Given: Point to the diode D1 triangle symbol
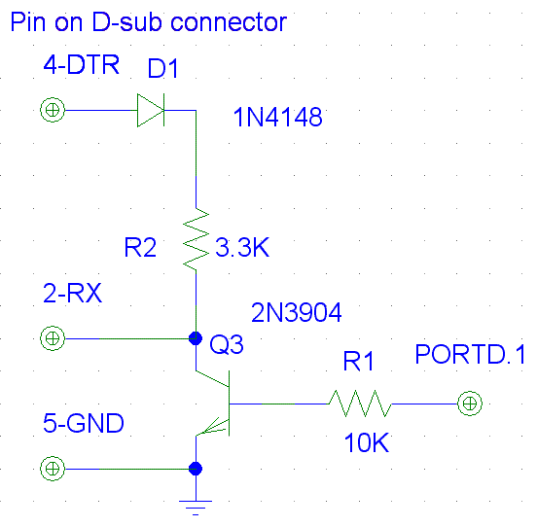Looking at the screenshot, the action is click(x=151, y=110).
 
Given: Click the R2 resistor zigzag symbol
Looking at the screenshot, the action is click(x=196, y=238).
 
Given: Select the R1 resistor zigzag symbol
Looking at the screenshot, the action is click(x=360, y=404).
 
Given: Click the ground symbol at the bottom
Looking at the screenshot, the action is click(x=196, y=508).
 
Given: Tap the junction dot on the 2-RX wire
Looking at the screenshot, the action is click(x=196, y=338).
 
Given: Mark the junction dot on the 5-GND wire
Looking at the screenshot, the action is click(x=196, y=469).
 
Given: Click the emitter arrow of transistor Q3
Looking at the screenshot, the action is click(x=212, y=426).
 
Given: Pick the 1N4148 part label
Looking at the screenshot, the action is click(x=278, y=117).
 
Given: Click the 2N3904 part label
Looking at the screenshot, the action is click(x=297, y=312).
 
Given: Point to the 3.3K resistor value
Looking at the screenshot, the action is click(x=242, y=247).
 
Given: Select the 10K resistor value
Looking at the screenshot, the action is click(x=367, y=442).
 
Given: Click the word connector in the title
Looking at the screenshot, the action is click(x=229, y=22).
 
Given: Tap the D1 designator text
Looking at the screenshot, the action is click(x=162, y=68).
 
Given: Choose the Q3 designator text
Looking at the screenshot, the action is click(x=227, y=344).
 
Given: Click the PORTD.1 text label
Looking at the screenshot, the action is click(x=470, y=354).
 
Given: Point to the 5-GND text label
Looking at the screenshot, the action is click(x=84, y=423).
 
